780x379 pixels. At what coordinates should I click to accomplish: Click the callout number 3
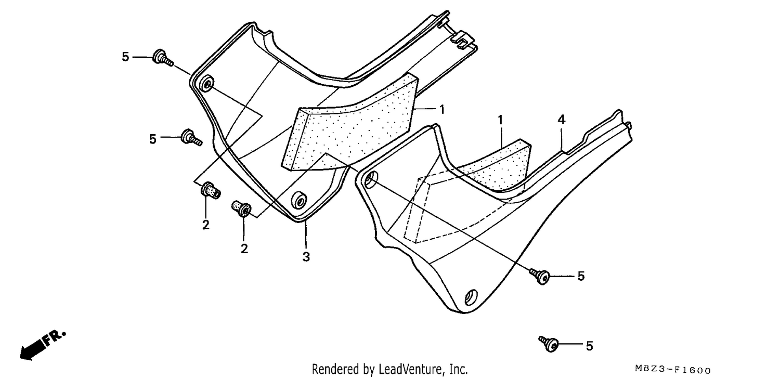pyautogui.click(x=306, y=257)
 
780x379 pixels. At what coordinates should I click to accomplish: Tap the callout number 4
pyautogui.click(x=561, y=120)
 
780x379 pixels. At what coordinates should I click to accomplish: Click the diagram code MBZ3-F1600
pyautogui.click(x=673, y=369)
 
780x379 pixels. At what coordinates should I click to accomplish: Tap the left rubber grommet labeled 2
pyautogui.click(x=210, y=190)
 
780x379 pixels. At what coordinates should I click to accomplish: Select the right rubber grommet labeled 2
pyautogui.click(x=241, y=208)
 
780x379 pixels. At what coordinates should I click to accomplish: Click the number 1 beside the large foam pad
pyautogui.click(x=442, y=110)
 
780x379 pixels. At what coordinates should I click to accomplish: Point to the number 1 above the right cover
pyautogui.click(x=500, y=121)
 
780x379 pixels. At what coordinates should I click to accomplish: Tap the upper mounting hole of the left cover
pyautogui.click(x=208, y=84)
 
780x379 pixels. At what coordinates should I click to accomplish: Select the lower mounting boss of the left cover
pyautogui.click(x=299, y=200)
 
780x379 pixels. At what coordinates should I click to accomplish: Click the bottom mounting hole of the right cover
pyautogui.click(x=472, y=297)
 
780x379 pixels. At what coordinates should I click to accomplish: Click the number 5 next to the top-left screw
pyautogui.click(x=125, y=57)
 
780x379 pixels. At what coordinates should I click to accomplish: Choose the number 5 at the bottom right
pyautogui.click(x=590, y=346)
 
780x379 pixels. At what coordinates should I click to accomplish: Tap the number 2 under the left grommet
pyautogui.click(x=206, y=225)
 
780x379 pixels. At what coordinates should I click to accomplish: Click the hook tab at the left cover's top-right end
pyautogui.click(x=462, y=39)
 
